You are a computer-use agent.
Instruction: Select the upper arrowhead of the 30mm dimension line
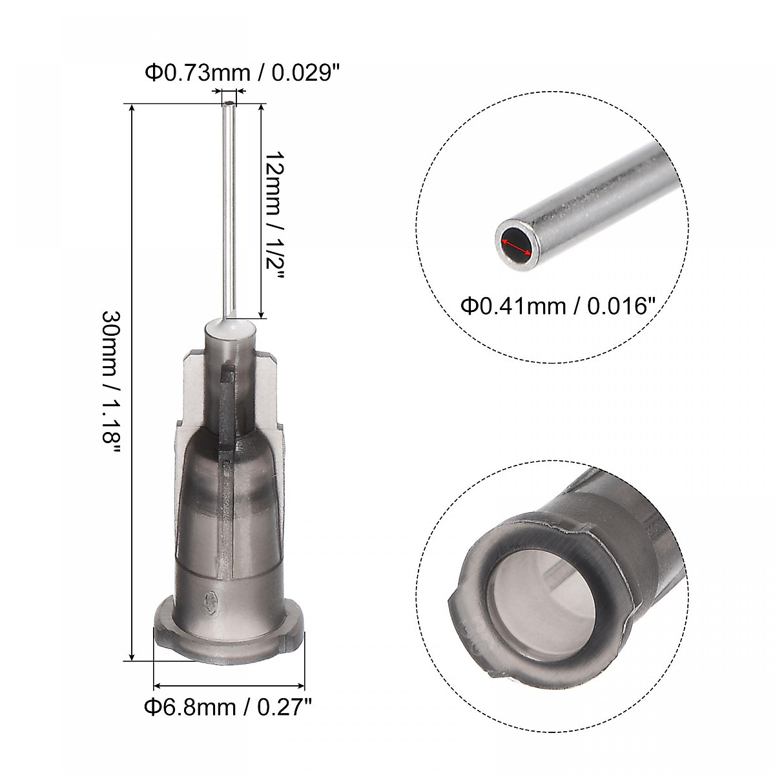pos(132,107)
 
